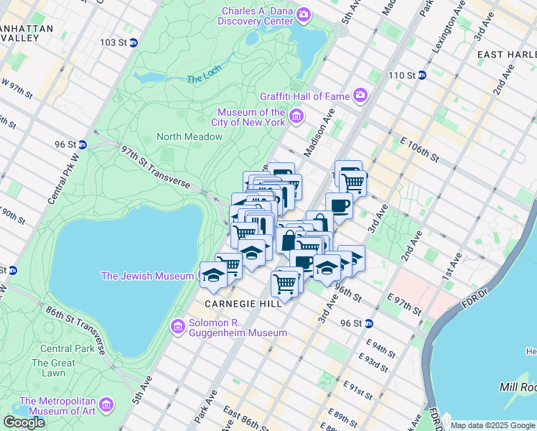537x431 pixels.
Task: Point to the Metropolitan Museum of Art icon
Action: point(107,405)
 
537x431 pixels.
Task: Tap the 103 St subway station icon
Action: point(134,42)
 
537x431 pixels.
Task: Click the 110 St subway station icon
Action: point(422,75)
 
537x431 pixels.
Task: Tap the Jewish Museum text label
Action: point(147,276)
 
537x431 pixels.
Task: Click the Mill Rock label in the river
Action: point(518,387)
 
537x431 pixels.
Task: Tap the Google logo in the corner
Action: point(24,422)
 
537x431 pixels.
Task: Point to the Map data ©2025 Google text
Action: point(492,425)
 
